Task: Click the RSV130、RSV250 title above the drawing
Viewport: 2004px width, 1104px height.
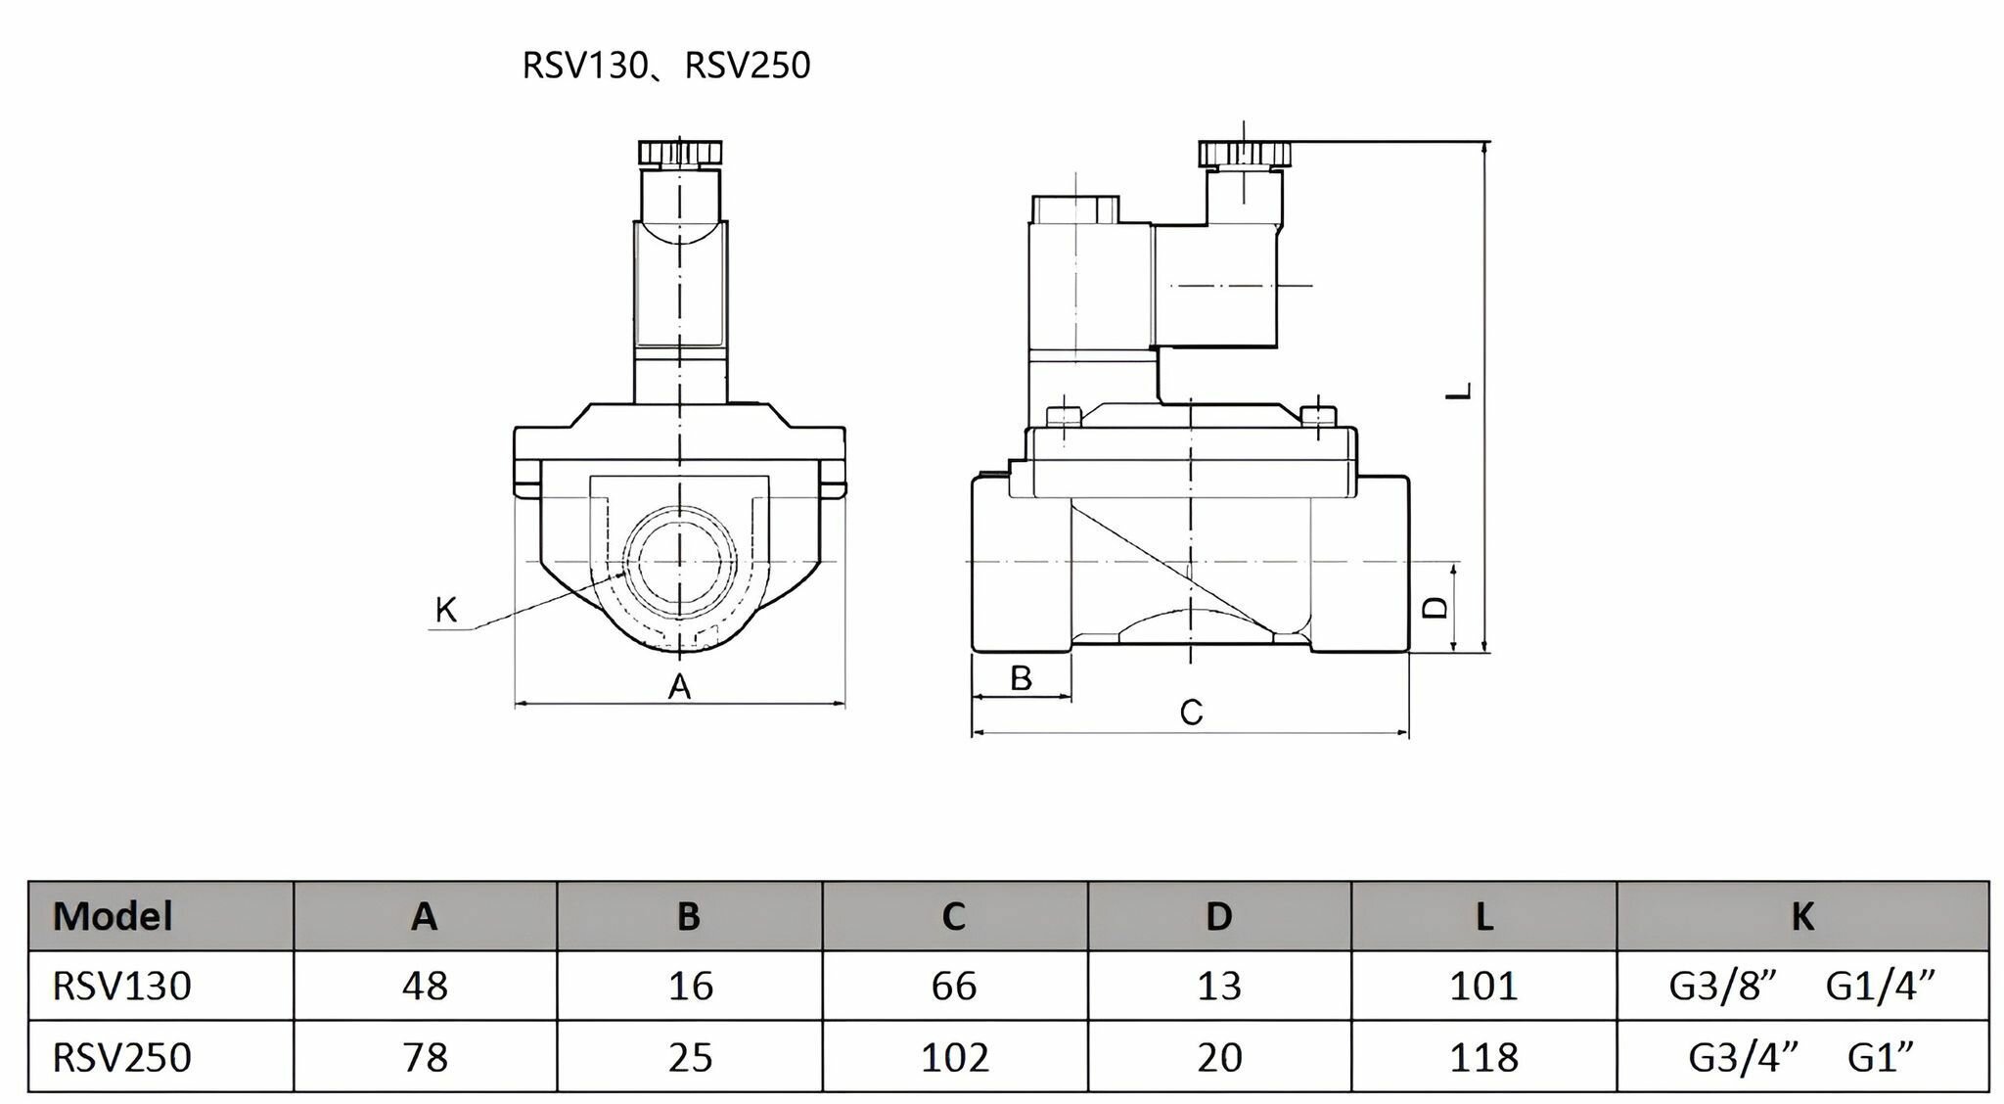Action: click(666, 66)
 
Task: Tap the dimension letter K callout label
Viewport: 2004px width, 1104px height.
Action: click(446, 610)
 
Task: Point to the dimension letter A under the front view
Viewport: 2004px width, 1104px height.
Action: click(679, 687)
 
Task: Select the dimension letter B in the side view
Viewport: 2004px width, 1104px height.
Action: click(1021, 677)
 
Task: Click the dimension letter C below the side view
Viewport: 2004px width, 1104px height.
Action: click(1191, 713)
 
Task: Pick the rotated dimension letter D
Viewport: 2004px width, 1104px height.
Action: click(1435, 608)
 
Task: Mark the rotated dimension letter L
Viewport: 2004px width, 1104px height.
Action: click(1460, 391)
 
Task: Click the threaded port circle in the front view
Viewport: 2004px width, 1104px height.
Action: click(679, 561)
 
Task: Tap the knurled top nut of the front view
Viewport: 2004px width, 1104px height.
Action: click(681, 153)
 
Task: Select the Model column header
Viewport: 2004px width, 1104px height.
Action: click(113, 916)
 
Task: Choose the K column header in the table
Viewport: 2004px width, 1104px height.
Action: click(1802, 916)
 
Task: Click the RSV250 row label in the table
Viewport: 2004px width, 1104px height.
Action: click(122, 1057)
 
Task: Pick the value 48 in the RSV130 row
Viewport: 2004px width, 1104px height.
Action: click(425, 986)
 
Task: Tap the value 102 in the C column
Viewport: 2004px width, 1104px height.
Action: click(955, 1057)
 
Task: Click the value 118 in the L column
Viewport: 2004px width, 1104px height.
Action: click(1484, 1057)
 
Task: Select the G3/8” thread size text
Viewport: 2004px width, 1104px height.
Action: click(1722, 986)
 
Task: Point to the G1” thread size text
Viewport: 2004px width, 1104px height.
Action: click(1881, 1057)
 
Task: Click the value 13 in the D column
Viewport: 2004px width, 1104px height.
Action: click(1219, 986)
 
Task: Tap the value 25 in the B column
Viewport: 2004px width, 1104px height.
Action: click(690, 1057)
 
